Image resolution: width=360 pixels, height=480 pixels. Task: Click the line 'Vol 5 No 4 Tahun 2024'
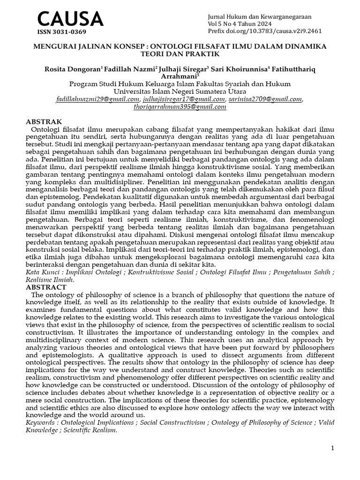click(x=239, y=24)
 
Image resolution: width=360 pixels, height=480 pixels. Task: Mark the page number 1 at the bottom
click(x=332, y=448)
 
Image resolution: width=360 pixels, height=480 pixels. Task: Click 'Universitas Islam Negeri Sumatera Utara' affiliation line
click(x=180, y=91)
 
